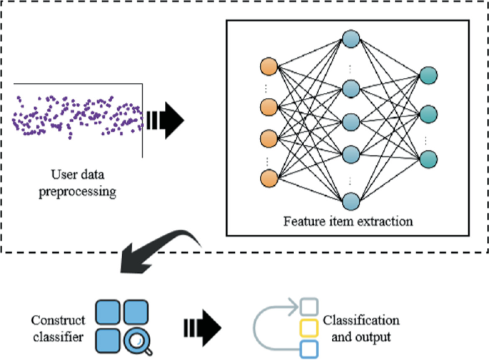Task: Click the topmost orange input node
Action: (268, 66)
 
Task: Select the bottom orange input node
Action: (268, 176)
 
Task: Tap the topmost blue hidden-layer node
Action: (350, 38)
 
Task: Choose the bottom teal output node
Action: (429, 159)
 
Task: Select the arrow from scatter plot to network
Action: (166, 117)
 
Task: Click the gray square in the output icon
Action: (308, 307)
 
